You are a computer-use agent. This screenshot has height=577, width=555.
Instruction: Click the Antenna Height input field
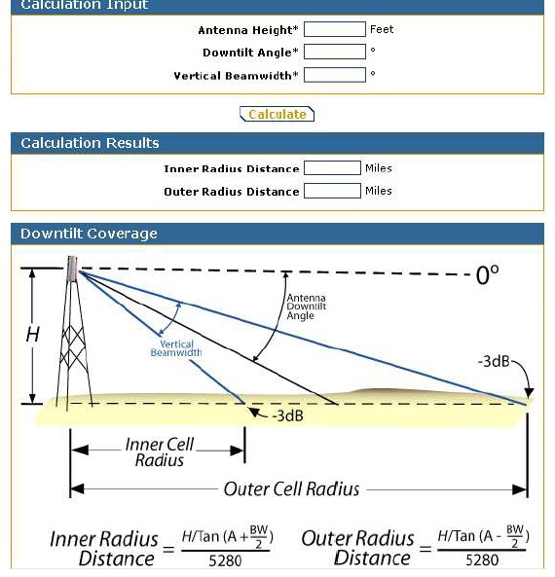(x=334, y=29)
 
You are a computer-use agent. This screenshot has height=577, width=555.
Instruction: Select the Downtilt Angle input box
(x=334, y=52)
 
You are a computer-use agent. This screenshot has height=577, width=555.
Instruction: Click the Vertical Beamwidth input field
(x=334, y=75)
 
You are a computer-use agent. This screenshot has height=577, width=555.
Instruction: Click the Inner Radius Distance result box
(x=332, y=168)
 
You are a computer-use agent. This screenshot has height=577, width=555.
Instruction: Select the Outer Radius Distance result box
(x=332, y=192)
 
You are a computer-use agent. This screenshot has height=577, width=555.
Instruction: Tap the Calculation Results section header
(x=90, y=143)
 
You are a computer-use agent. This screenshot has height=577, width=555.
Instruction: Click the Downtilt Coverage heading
(x=89, y=234)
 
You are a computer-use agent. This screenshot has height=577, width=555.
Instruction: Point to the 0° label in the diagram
(x=487, y=275)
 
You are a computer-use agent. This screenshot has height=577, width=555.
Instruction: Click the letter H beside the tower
(x=33, y=335)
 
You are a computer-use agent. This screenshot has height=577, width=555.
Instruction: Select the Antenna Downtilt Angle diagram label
(x=307, y=307)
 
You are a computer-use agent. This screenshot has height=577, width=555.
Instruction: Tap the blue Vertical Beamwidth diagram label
(x=176, y=348)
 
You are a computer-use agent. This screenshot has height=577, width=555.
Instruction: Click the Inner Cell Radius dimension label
(x=160, y=452)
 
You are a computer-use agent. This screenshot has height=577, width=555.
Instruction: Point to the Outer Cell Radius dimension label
(x=291, y=488)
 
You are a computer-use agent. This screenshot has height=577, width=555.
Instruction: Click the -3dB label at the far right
(x=494, y=362)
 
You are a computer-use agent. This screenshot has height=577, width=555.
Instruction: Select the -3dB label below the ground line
(x=286, y=415)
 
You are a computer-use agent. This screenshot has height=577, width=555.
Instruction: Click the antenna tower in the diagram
(x=72, y=336)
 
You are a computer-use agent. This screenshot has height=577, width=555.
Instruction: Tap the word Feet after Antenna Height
(x=382, y=29)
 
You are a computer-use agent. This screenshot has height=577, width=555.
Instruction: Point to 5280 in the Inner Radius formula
(x=226, y=559)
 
